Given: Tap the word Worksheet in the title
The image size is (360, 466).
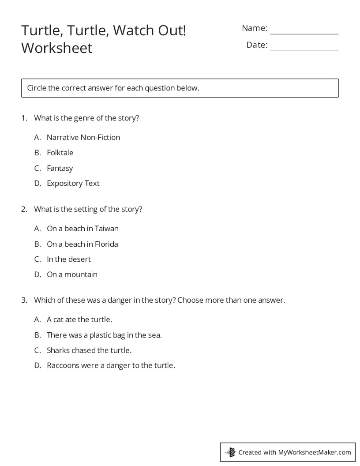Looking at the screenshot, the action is pos(56,48).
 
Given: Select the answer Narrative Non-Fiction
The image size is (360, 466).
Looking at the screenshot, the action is pos(83,137).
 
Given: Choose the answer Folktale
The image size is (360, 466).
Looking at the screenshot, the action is pos(60,153).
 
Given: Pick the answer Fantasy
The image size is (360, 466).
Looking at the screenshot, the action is pos(60,168).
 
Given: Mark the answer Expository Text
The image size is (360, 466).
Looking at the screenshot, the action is pos(73,183).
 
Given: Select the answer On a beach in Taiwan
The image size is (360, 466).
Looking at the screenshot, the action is pos(82,229).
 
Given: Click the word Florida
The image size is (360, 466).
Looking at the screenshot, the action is pos(106,244).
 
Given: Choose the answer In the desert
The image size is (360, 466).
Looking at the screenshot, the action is pos(68,259).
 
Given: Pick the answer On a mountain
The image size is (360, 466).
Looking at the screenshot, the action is pos(72,274).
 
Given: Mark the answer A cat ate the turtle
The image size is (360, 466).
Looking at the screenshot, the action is pos(79,319).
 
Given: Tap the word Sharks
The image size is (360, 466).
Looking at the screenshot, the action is pos(59,350).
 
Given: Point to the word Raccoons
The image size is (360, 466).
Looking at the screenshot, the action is pos(63,365).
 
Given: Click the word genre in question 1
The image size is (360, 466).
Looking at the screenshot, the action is pos(86,118).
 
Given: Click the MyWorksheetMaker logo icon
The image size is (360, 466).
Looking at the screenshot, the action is pos(231,452).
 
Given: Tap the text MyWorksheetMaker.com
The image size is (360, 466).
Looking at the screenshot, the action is pos(314,452).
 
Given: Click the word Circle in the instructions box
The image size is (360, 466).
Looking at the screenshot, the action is pos(37,88).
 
